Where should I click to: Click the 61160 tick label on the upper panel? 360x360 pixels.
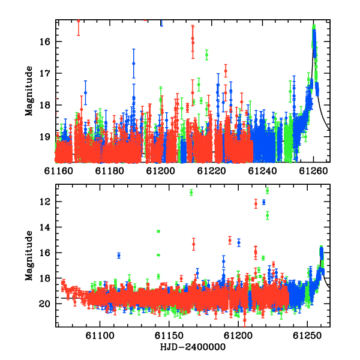[58, 171]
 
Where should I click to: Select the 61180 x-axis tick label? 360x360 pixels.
[110, 171]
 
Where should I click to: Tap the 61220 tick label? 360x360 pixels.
[211, 171]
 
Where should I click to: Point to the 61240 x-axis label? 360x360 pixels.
[262, 171]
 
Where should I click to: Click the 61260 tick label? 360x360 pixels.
[313, 171]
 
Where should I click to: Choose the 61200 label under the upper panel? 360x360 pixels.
[160, 171]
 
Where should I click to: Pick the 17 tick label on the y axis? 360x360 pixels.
[44, 73]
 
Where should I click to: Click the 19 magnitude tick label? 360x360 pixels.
[44, 137]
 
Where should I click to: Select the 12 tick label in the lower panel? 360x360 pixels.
[44, 202]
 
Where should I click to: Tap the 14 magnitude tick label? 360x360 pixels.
[44, 227]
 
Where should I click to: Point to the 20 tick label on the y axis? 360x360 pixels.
[44, 304]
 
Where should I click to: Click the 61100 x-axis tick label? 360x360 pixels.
[100, 336]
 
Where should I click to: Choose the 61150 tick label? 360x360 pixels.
[169, 336]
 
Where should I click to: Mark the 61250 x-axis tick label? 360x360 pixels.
[307, 336]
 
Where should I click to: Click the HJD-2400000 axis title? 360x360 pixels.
[193, 347]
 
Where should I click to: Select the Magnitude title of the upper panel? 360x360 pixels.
[29, 91]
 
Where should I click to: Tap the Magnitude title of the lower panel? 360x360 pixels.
[29, 256]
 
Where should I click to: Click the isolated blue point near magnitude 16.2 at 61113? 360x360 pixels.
[119, 256]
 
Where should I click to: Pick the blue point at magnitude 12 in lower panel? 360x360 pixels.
[264, 202]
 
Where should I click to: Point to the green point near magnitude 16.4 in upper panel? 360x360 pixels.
[206, 55]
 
